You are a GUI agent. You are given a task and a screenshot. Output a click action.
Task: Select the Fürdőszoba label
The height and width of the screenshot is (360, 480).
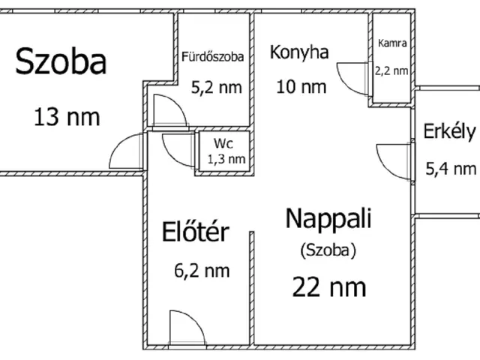tap(212, 55)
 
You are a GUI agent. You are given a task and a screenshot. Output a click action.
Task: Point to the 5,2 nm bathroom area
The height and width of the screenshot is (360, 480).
tap(217, 87)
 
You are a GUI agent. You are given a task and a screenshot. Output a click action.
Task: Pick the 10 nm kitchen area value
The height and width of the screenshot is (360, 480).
tap(301, 85)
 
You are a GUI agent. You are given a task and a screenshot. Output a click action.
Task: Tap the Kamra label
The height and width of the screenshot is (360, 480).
tap(392, 43)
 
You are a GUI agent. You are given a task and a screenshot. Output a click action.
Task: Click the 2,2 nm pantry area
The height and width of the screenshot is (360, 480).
tap(391, 70)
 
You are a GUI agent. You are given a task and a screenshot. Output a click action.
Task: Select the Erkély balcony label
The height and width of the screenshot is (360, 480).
tap(449, 131)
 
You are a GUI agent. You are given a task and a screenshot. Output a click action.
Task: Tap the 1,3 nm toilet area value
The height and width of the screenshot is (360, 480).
tap(226, 158)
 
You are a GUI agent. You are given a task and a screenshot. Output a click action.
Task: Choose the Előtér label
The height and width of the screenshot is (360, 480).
tap(195, 232)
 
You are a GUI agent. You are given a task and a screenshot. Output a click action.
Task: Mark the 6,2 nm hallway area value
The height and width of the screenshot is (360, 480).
tap(196, 270)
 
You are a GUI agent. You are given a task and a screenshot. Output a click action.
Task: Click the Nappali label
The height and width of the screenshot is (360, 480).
tap(329, 219)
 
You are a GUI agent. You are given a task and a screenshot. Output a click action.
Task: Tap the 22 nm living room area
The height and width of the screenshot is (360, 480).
tap(330, 286)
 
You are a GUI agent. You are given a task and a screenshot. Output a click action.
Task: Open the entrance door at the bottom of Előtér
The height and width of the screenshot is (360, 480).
tap(186, 328)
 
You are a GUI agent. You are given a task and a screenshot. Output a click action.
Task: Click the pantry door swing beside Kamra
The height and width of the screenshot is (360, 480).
tap(352, 77)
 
